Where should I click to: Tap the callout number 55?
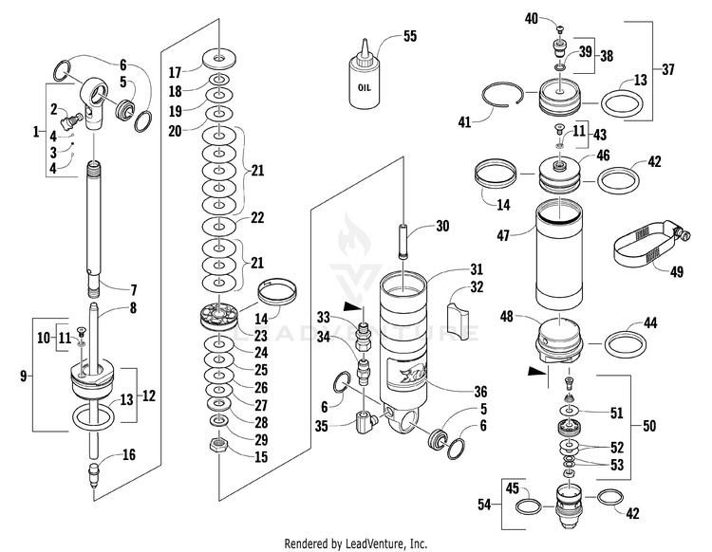409,36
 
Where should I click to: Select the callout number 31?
476,268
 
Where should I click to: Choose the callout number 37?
668,69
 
